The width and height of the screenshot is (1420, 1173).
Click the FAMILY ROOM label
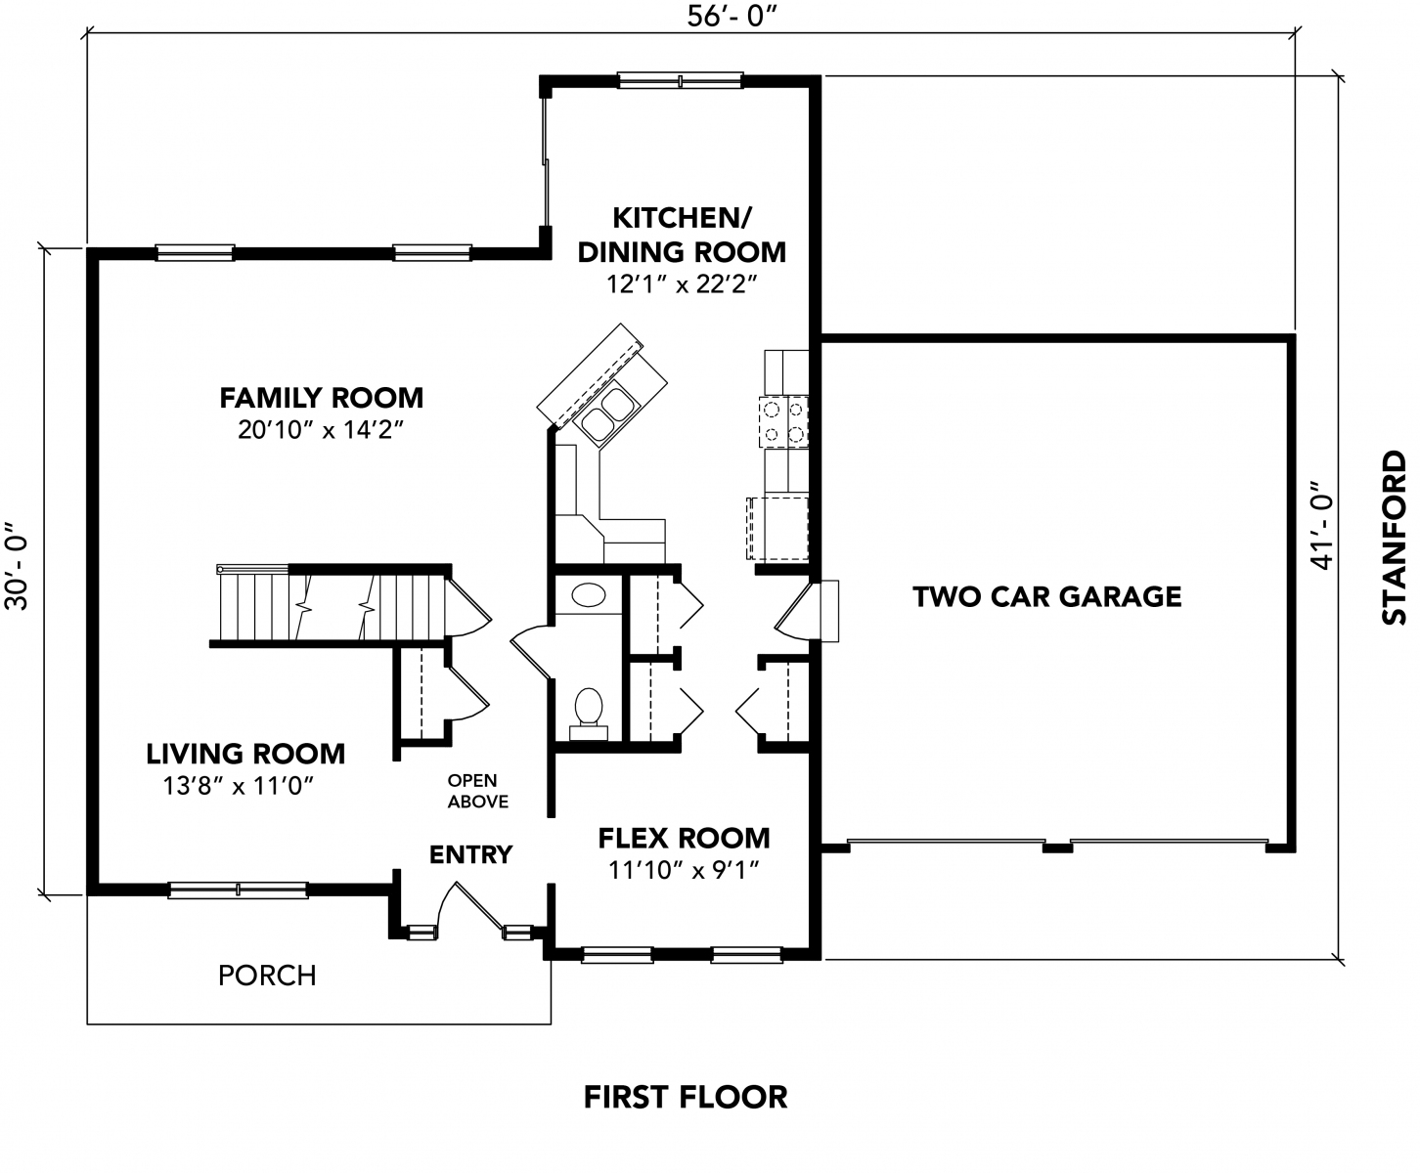click(x=321, y=398)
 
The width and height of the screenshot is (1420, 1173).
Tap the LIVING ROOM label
click(x=245, y=754)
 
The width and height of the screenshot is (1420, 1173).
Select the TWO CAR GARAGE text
click(x=1046, y=596)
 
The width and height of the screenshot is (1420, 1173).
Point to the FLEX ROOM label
click(x=684, y=838)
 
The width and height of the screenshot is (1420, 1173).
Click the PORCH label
click(x=267, y=976)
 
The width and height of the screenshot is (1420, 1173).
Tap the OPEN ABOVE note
click(x=477, y=791)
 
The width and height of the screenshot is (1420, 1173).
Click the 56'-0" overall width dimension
click(x=732, y=17)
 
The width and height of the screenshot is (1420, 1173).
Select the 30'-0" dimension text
click(x=17, y=566)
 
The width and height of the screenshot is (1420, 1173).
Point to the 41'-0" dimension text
click(x=1320, y=526)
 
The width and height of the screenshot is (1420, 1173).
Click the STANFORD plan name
click(x=1394, y=538)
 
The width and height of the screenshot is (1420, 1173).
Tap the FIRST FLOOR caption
click(x=686, y=1097)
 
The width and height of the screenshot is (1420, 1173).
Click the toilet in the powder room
click(x=589, y=714)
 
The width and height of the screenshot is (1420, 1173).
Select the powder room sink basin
click(x=589, y=595)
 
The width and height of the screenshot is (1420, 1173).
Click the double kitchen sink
click(x=606, y=413)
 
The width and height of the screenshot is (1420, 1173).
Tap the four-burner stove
click(x=783, y=421)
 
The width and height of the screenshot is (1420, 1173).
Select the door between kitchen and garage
click(x=796, y=611)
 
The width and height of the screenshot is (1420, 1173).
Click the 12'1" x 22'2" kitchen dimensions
click(x=682, y=283)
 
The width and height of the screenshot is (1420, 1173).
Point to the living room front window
click(x=238, y=891)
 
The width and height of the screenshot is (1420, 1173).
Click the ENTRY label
click(x=470, y=854)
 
